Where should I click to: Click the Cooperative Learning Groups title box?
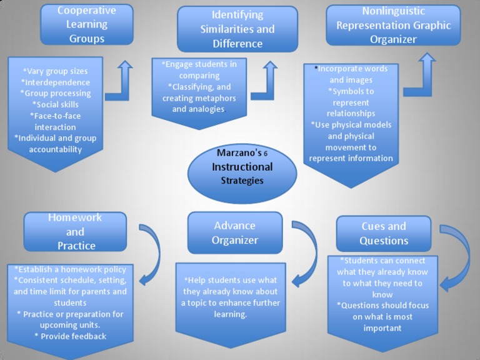tap(86, 25)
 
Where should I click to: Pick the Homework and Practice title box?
tap(75, 231)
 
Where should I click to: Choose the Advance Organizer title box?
tap(234, 232)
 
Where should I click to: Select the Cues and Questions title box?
tap(383, 233)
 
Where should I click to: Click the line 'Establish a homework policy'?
tap(71, 269)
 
